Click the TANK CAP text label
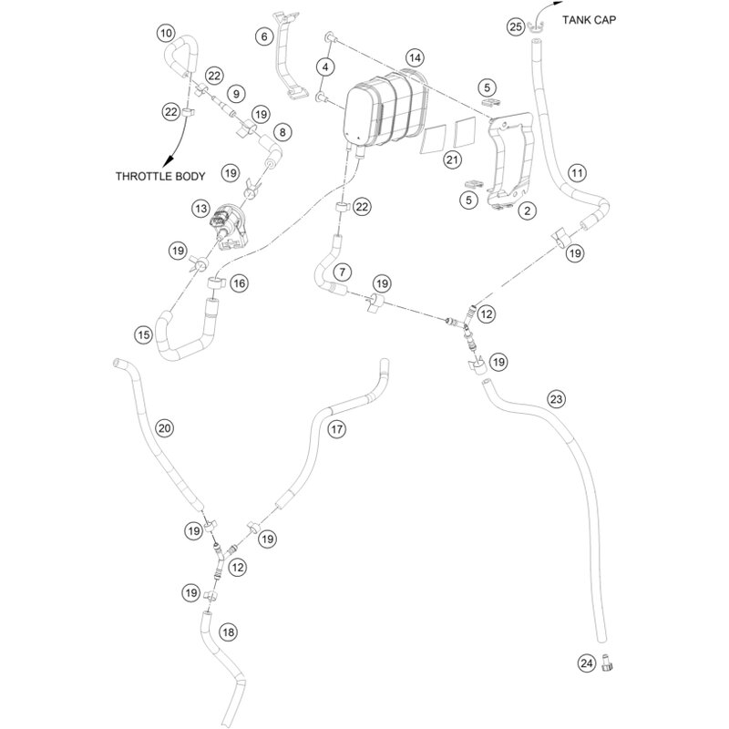589,20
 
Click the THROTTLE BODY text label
160,176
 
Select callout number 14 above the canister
415,58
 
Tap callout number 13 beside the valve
200,209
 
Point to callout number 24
587,662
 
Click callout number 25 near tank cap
516,26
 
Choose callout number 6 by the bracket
264,36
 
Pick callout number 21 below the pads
452,160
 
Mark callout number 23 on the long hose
556,399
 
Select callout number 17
336,428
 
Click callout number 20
165,427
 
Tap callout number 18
229,631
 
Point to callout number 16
240,283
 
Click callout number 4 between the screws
325,67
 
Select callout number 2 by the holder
528,210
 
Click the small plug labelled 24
607,662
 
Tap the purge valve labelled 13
230,226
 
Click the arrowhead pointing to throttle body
168,162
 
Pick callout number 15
144,334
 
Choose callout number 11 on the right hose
577,173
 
